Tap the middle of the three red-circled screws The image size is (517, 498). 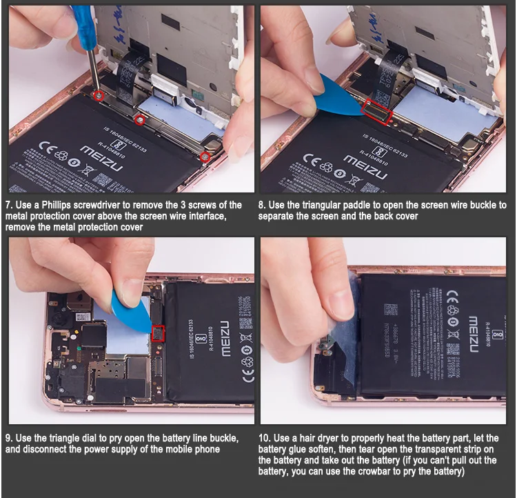(140, 119)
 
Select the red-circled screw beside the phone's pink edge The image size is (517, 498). (205, 158)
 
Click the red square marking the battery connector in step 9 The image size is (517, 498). (158, 334)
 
